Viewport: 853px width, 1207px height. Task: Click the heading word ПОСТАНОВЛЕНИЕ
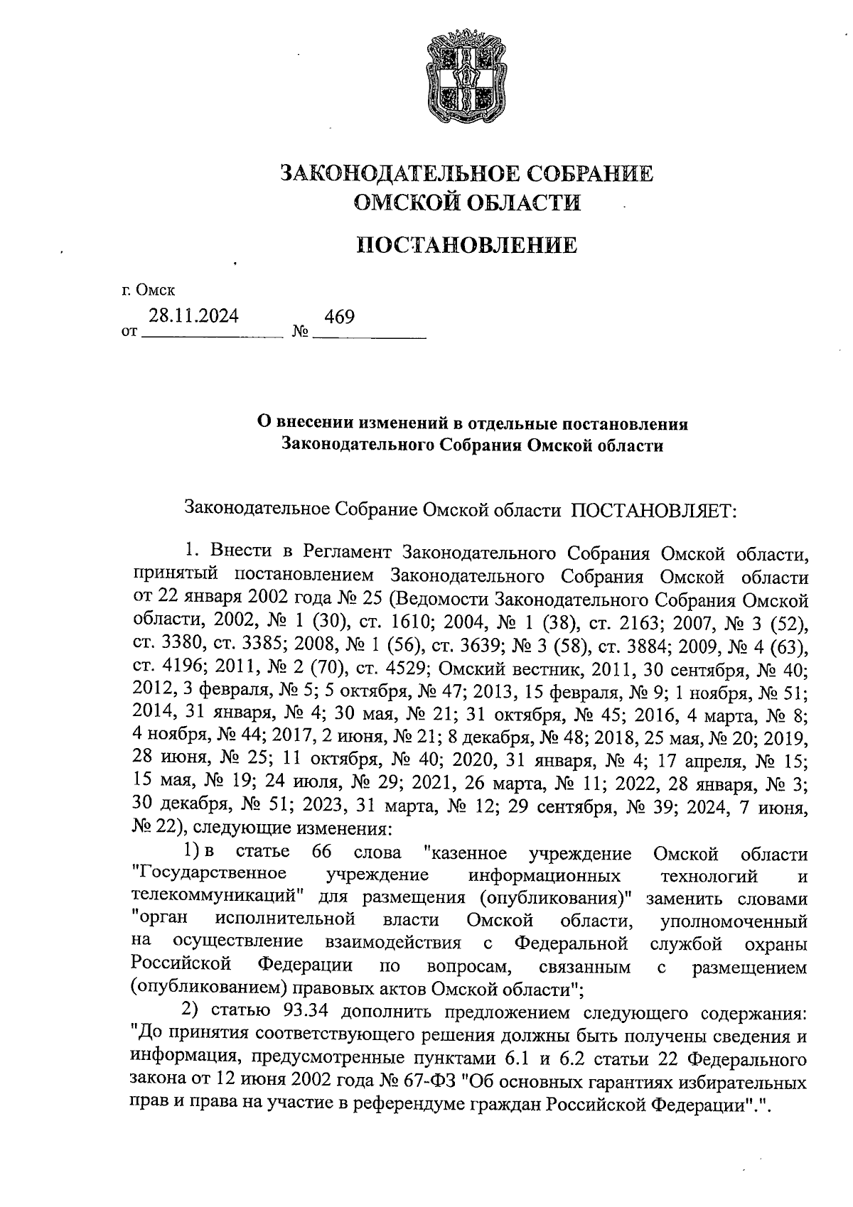[x=466, y=246]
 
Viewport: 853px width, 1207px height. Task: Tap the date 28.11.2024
[x=193, y=317]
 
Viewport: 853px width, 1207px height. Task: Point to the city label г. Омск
[x=147, y=290]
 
